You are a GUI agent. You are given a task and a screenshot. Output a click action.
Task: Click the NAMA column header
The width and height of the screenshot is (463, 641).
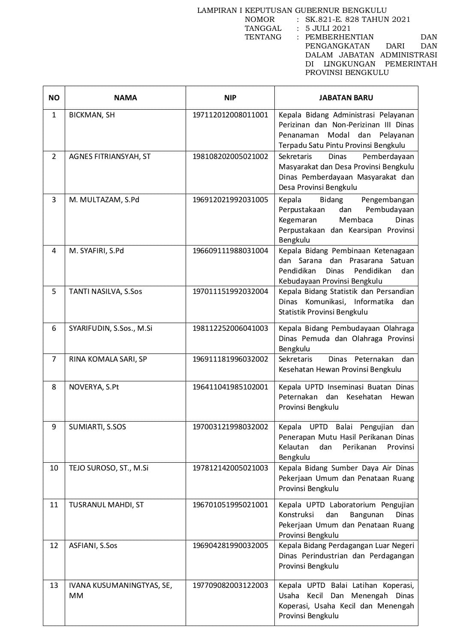tap(125, 98)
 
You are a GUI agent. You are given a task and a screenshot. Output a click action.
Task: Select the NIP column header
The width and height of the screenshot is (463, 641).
tap(230, 98)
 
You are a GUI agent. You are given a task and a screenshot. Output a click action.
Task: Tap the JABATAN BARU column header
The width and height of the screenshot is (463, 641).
tap(346, 98)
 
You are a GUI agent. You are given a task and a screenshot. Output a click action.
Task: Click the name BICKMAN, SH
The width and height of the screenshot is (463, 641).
tap(92, 115)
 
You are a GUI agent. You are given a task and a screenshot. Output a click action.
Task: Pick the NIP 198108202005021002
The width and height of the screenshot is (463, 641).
tap(230, 156)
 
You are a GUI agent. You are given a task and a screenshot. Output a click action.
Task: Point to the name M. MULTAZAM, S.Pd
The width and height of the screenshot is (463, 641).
tap(104, 200)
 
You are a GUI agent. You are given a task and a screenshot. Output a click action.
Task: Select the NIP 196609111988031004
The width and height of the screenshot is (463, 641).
tap(230, 251)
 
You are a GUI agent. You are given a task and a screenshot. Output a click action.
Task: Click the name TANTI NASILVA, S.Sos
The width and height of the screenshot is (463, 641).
tap(105, 291)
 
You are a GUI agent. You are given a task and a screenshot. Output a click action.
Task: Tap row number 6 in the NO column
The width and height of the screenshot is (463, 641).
tap(54, 328)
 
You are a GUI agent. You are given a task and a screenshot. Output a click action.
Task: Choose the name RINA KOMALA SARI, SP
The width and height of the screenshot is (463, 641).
tap(108, 359)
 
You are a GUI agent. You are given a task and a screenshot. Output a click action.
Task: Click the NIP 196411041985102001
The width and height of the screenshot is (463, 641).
tap(230, 387)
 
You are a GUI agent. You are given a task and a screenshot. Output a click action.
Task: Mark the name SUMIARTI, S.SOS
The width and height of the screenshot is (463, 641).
tap(97, 427)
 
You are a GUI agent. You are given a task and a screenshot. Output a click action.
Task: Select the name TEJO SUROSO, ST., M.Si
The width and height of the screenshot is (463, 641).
tap(108, 468)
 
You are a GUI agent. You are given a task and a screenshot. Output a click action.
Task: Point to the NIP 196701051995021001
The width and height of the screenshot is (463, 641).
tap(230, 505)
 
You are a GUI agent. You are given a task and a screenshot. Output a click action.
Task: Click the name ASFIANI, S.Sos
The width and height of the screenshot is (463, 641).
tap(93, 545)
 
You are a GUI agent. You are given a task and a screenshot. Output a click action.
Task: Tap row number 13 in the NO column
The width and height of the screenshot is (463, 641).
tap(54, 585)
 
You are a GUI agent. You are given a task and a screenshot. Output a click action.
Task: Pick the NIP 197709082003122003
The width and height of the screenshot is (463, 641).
tap(230, 585)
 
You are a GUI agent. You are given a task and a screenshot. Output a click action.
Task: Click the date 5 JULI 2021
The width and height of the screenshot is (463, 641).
tap(328, 28)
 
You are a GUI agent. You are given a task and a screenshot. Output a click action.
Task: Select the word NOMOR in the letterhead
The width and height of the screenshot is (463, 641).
tap(260, 19)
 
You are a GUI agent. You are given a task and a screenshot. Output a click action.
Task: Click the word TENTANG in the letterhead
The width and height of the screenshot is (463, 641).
tap(263, 37)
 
